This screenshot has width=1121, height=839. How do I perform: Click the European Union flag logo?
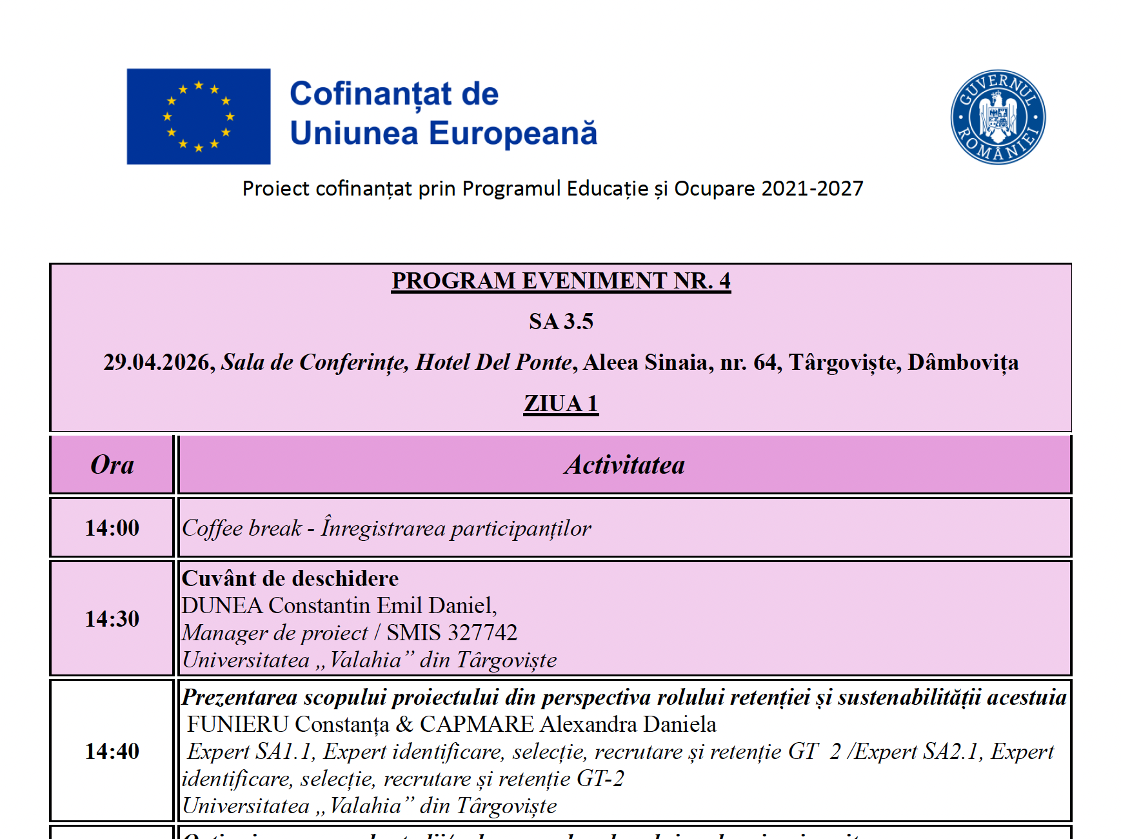coord(199,116)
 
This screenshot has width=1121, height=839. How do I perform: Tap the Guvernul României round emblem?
coord(998,117)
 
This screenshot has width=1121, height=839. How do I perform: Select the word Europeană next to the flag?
coord(513,134)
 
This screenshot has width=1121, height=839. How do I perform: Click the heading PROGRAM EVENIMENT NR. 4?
coord(560,281)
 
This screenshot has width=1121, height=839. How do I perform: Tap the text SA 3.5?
coord(560,321)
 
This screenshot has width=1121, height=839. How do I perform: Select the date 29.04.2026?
coord(158,363)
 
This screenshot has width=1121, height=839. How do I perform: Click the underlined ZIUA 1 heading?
coord(560,404)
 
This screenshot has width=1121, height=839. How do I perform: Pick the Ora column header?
coord(112,465)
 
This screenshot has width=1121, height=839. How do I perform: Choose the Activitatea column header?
coord(624,465)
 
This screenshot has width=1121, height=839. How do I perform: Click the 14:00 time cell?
coord(112,528)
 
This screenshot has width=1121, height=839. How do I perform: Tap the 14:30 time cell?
coord(112,619)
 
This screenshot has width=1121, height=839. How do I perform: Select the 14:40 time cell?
coord(112,751)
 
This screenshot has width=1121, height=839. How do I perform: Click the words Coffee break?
coord(242,529)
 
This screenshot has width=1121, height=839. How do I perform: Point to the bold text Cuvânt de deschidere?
coord(290,578)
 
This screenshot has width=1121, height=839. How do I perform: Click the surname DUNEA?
coord(223,606)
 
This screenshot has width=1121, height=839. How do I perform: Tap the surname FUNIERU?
coord(238,725)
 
